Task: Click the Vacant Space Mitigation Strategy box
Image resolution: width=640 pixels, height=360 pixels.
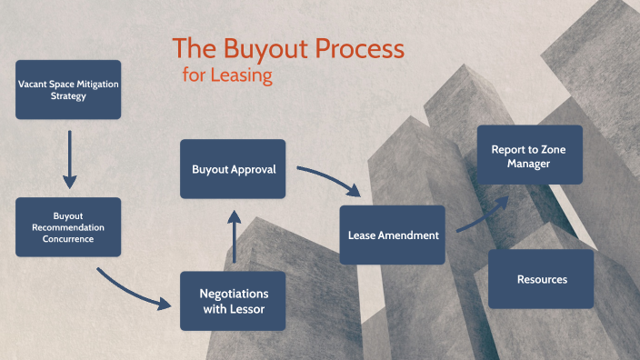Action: click(x=68, y=90)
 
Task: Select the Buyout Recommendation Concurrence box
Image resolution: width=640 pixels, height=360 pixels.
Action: click(x=68, y=227)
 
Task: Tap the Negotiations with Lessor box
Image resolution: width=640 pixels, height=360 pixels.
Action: click(x=233, y=301)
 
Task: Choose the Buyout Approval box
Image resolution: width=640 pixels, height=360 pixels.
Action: click(x=233, y=169)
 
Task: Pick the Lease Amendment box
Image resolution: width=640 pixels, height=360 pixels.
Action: click(x=392, y=235)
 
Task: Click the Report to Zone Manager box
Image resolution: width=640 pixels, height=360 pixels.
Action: click(x=530, y=155)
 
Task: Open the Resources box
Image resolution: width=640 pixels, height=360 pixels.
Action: click(x=541, y=279)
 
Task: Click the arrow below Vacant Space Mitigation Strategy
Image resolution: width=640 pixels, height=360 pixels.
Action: click(x=70, y=159)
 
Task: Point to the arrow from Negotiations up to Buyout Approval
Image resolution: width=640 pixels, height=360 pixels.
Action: click(x=235, y=236)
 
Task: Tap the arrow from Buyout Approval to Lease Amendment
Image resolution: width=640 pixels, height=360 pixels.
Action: click(x=329, y=177)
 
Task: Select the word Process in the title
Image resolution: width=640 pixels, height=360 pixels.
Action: click(x=360, y=48)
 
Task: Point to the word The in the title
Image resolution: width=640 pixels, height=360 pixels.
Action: click(x=195, y=48)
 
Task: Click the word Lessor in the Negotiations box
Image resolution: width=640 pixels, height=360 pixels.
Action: click(x=246, y=309)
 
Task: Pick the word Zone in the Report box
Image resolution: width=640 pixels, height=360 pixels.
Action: click(x=553, y=150)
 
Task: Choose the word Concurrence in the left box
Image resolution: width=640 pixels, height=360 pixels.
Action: click(x=68, y=239)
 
